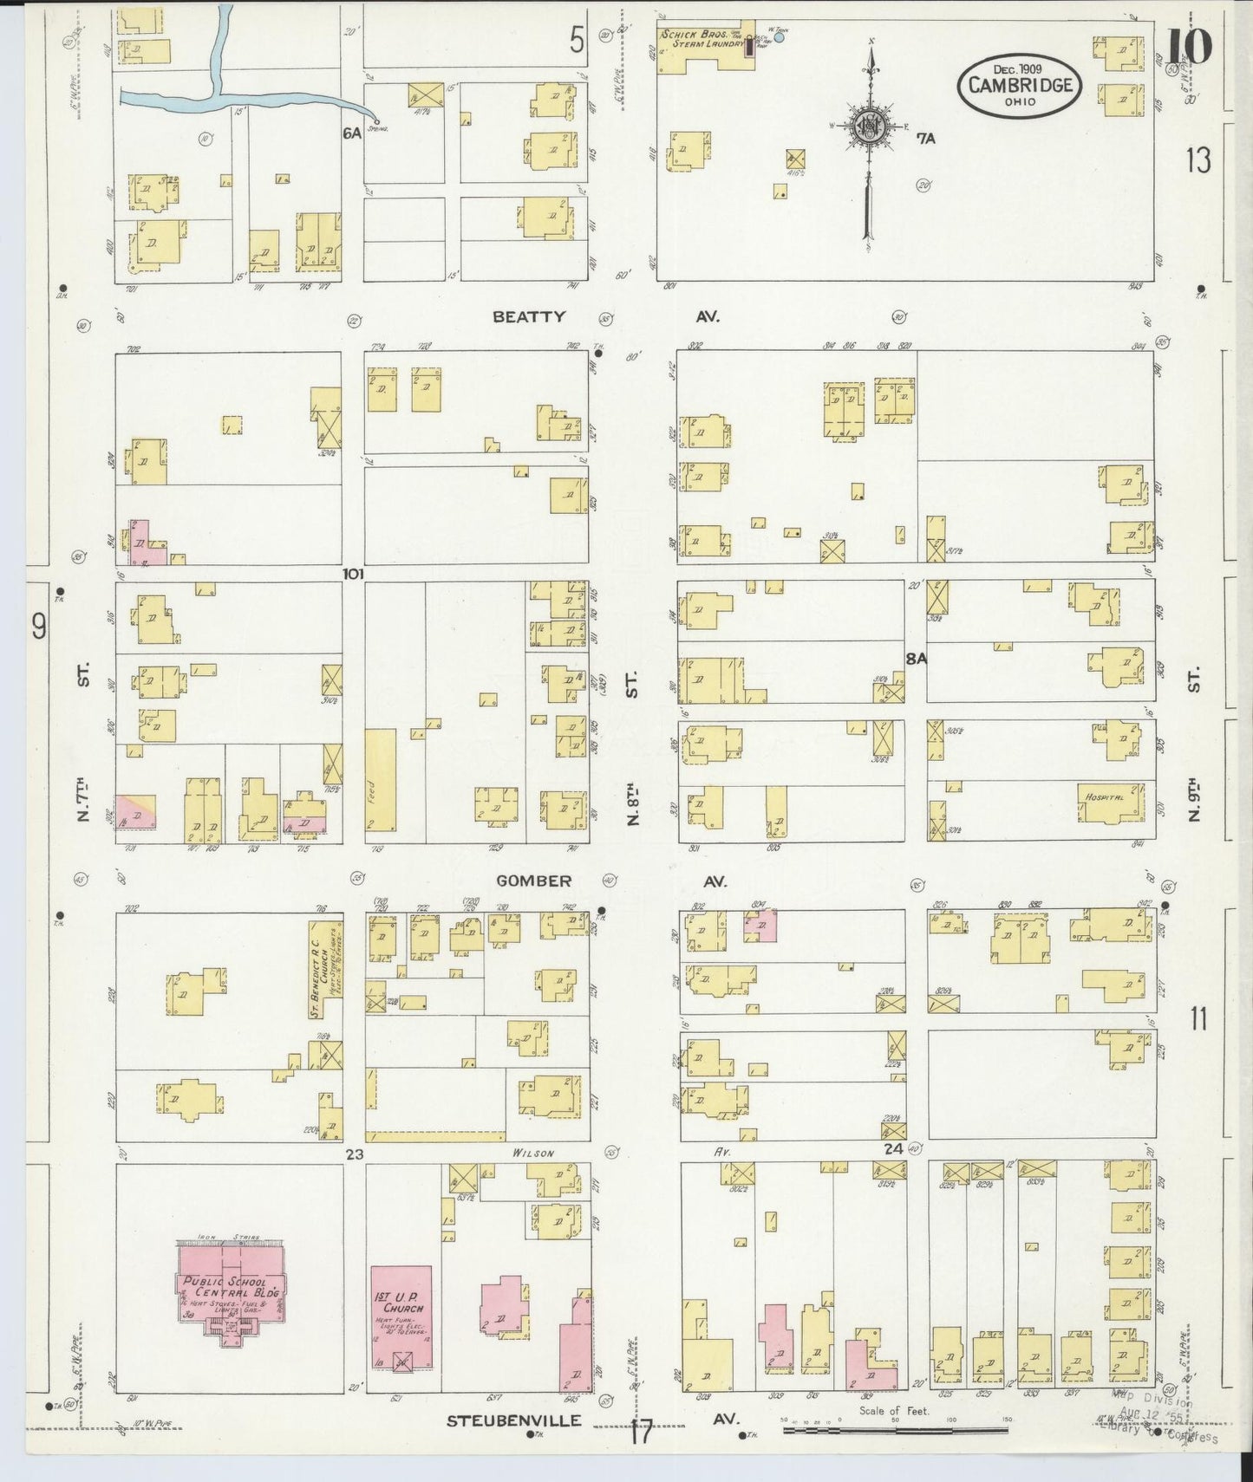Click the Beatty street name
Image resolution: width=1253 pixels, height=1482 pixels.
coord(529,317)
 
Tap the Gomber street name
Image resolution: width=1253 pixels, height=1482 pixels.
coord(533,881)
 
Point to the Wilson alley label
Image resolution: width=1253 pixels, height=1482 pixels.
coord(532,1154)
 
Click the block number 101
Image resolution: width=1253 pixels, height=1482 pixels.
coord(353,574)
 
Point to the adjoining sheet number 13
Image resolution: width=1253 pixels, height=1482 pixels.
coord(1198,160)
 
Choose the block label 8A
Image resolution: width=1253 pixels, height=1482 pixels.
coord(916,659)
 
